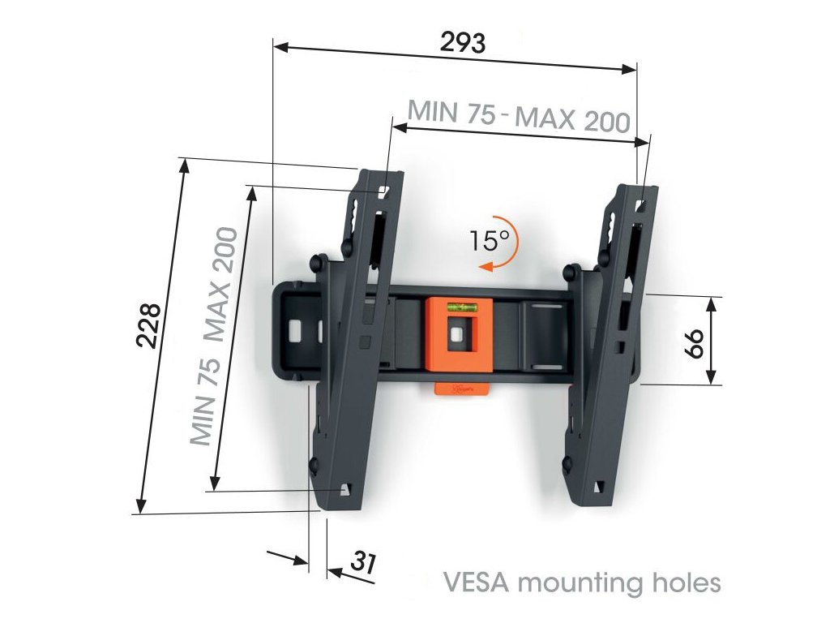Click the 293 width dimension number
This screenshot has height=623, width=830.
click(x=463, y=42)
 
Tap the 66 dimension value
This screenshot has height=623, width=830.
click(x=693, y=342)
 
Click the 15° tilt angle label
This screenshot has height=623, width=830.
click(x=488, y=240)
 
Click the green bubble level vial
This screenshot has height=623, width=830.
click(x=460, y=307)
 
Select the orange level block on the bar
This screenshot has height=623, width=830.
click(x=459, y=335)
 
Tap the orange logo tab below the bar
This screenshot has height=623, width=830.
click(x=464, y=389)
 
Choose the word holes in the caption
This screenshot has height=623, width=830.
click(x=686, y=582)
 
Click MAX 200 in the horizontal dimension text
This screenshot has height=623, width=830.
click(x=573, y=120)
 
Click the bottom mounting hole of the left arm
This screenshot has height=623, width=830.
click(x=346, y=489)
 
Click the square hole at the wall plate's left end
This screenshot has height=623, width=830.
click(x=294, y=330)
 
